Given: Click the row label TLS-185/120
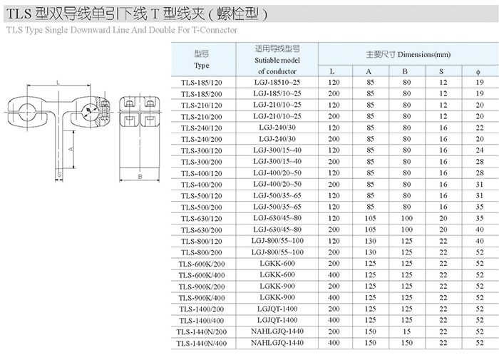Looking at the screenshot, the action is click(202, 83).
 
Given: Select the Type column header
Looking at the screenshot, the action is click(202, 66).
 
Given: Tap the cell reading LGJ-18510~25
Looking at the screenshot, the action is click(277, 82).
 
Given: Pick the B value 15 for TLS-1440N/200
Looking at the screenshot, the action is click(407, 331).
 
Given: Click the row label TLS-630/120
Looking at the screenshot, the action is click(202, 219).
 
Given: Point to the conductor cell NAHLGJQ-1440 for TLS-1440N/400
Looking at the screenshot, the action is click(277, 343).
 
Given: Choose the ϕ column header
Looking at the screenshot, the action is click(478, 72).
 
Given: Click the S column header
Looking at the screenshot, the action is click(441, 71).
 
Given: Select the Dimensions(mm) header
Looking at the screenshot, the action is click(424, 55).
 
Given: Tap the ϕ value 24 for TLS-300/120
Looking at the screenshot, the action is click(480, 150).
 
